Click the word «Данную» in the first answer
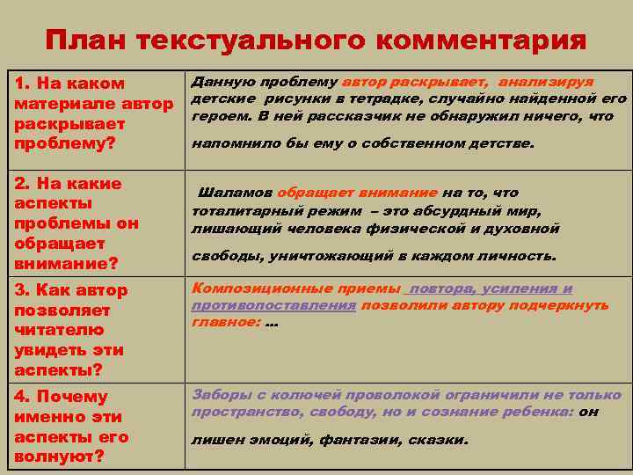click(218, 81)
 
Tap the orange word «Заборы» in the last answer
click(218, 395)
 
